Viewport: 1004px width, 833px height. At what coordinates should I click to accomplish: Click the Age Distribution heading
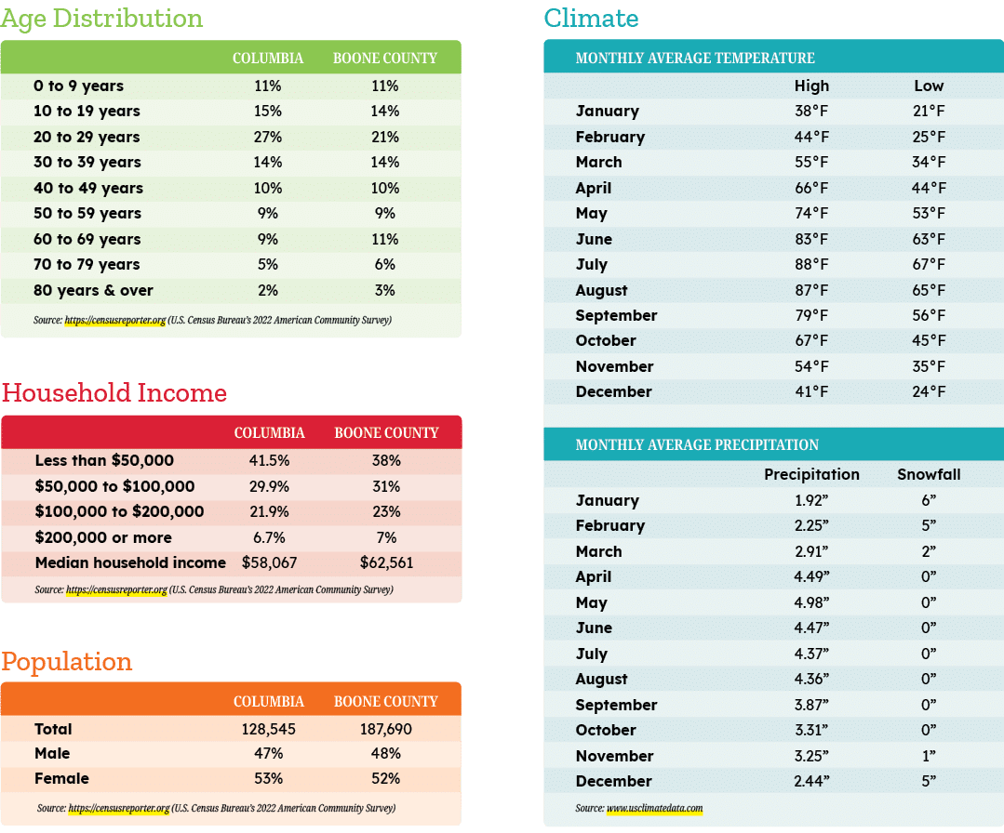click(x=101, y=20)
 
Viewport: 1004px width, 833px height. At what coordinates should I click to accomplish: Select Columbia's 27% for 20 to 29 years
click(x=268, y=137)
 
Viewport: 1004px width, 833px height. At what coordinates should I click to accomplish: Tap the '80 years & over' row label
click(x=93, y=290)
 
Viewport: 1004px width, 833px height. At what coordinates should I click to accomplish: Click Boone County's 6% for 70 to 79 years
click(x=385, y=264)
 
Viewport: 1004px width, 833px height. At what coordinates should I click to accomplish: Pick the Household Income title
click(x=114, y=393)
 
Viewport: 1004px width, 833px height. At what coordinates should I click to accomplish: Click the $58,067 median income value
click(x=270, y=563)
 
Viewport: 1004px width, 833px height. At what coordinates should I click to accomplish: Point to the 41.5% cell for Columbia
click(x=270, y=460)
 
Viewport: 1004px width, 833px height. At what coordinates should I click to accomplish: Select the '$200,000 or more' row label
click(x=103, y=537)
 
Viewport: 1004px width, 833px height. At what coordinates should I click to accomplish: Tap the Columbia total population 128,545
click(x=268, y=730)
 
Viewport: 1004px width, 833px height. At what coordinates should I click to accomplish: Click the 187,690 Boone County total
click(x=386, y=730)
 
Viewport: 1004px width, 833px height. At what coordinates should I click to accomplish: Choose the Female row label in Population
click(x=61, y=779)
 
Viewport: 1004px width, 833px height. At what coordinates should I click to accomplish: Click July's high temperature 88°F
click(x=811, y=264)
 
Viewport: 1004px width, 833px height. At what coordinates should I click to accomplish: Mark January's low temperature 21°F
click(x=929, y=111)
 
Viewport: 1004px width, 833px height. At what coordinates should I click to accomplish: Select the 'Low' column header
click(x=929, y=86)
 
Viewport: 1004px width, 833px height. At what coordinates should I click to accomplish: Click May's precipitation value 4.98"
click(x=811, y=602)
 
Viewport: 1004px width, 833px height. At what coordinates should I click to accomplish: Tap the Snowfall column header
click(x=929, y=474)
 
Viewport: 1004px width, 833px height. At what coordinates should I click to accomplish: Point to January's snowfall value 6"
click(x=929, y=500)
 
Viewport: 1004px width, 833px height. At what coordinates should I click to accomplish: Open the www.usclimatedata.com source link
click(x=654, y=808)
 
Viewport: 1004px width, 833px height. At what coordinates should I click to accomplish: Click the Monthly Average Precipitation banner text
click(x=697, y=444)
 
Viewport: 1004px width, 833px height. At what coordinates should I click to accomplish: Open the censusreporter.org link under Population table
click(x=119, y=808)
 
